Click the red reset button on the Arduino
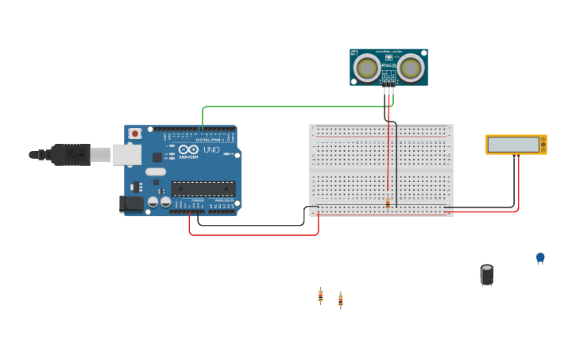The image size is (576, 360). click(x=134, y=134)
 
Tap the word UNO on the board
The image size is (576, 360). click(x=211, y=149)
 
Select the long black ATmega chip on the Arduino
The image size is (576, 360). click(x=203, y=188)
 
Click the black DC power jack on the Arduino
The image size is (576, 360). click(x=131, y=204)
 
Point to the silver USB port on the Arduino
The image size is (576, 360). click(x=126, y=154)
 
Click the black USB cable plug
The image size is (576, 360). click(x=72, y=154)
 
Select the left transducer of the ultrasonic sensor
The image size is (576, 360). click(x=367, y=68)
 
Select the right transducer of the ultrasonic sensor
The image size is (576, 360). click(x=411, y=68)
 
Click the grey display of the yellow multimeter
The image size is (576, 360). click(x=512, y=145)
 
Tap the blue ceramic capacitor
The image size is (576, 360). click(x=540, y=257)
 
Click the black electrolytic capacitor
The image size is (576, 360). click(x=487, y=275)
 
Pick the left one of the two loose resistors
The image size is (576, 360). click(x=320, y=296)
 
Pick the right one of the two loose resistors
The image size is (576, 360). click(x=340, y=300)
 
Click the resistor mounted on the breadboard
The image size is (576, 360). click(x=388, y=203)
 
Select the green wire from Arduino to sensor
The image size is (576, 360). click(x=294, y=106)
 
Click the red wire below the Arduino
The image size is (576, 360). click(x=254, y=235)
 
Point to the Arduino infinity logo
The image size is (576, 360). click(x=188, y=149)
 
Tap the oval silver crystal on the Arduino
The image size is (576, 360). click(x=156, y=172)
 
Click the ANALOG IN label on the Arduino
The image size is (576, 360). click(x=223, y=200)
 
